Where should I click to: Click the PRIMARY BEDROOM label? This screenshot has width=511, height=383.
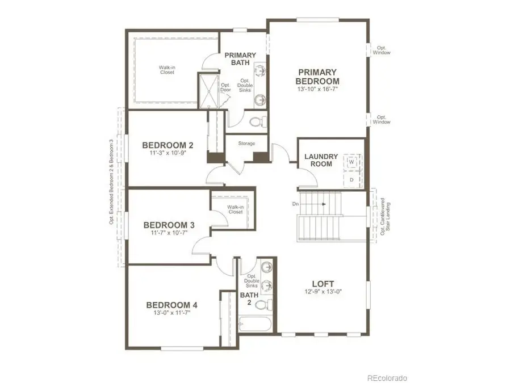click(318, 77)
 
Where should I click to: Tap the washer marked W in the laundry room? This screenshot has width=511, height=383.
click(351, 161)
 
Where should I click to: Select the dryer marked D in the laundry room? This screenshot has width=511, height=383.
click(351, 179)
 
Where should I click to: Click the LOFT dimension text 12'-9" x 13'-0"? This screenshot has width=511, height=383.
click(322, 292)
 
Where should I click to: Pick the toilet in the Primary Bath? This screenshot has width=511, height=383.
click(257, 121)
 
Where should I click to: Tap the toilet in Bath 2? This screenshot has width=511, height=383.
click(261, 305)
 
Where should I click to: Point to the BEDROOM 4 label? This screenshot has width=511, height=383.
click(171, 305)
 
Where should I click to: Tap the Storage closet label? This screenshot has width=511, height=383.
click(246, 144)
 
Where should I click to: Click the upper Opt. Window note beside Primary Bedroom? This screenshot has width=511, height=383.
click(382, 50)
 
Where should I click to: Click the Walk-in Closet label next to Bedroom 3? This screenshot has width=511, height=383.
click(235, 209)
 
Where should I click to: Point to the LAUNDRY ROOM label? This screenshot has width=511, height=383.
click(321, 160)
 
